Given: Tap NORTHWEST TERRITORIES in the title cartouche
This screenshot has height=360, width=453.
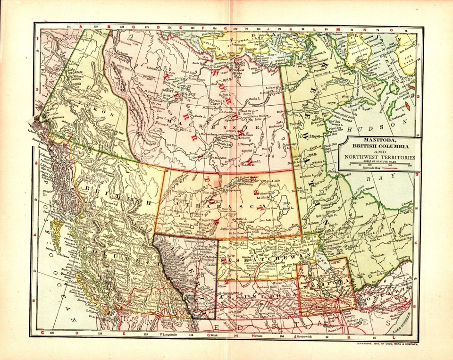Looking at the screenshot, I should point(380,157).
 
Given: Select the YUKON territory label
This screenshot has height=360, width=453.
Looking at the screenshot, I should point(92,106).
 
